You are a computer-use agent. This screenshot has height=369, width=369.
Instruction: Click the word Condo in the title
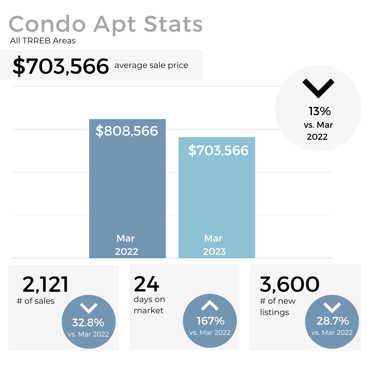tap(47, 25)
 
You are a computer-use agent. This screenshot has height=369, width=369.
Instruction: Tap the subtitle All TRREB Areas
tap(43, 41)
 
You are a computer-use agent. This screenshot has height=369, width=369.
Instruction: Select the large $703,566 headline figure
tap(60, 66)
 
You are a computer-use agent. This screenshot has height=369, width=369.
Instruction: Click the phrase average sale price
tap(151, 65)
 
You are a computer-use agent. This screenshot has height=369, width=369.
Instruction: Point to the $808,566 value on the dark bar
tap(126, 131)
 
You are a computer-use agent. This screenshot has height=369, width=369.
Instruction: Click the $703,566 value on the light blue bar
tap(218, 150)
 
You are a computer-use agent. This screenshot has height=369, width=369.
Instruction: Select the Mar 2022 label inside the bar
tap(126, 245)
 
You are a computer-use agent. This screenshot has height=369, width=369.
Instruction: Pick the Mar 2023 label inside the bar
tap(214, 245)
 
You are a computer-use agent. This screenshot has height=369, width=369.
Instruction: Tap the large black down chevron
tap(318, 88)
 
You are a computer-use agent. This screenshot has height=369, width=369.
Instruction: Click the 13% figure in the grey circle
tap(319, 111)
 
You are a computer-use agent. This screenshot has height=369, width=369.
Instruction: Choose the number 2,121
tap(45, 285)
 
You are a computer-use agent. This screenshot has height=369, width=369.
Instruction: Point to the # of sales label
tap(36, 301)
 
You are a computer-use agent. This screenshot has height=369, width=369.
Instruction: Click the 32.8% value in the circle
tap(88, 322)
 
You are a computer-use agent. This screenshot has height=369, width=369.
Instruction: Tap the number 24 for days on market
tap(147, 284)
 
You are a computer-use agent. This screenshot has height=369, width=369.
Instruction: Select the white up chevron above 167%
tap(210, 305)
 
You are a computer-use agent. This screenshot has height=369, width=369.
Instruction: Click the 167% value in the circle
tap(210, 321)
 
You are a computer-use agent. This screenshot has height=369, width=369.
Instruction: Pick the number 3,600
tap(289, 284)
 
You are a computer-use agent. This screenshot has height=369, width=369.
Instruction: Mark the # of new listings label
tap(277, 306)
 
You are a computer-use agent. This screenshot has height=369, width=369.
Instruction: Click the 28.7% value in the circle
tap(333, 321)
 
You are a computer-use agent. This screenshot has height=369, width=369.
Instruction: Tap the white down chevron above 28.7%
tap(332, 307)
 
